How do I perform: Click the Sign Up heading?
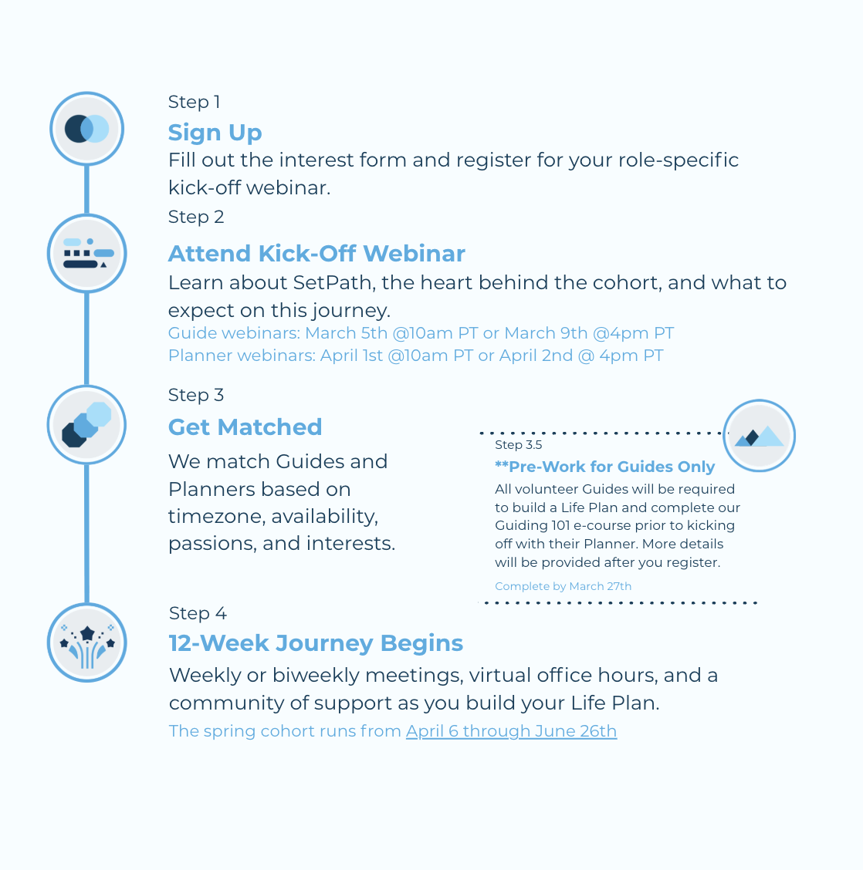click(x=215, y=133)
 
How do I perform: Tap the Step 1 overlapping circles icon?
click(x=87, y=129)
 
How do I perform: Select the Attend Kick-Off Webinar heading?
click(x=316, y=254)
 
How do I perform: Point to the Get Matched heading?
click(x=245, y=427)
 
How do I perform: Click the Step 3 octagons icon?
click(x=86, y=425)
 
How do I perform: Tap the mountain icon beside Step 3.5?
click(x=759, y=436)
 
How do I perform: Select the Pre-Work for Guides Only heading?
click(x=604, y=467)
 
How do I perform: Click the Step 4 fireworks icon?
click(x=87, y=642)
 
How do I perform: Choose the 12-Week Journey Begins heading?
click(x=316, y=643)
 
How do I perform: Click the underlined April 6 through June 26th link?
click(x=511, y=731)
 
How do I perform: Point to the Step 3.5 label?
click(x=518, y=445)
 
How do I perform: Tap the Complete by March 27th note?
click(x=563, y=586)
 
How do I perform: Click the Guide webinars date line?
click(x=421, y=333)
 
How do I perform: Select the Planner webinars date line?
click(x=415, y=356)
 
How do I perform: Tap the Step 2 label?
click(x=196, y=217)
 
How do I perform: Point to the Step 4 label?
click(x=198, y=613)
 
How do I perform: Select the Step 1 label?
click(x=194, y=103)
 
